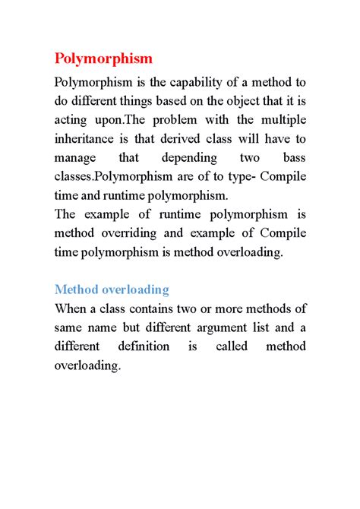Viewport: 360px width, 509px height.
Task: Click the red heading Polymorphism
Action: [103, 58]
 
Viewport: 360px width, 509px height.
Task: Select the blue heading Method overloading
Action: [112, 289]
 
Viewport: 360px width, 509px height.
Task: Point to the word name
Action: [104, 327]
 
